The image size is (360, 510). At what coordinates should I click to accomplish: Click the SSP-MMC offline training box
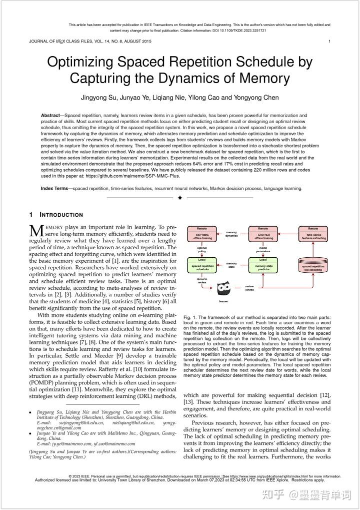coord(202,235)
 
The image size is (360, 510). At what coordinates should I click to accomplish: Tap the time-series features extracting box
coord(313,235)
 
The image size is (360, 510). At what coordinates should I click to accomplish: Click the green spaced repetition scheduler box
coord(202,265)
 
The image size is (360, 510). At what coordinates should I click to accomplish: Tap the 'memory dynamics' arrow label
coord(232,234)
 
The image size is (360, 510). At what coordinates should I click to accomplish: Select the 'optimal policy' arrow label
coord(202,249)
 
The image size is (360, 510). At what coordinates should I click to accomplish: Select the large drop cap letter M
coord(37,231)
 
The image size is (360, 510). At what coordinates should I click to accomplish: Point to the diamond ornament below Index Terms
coord(180,198)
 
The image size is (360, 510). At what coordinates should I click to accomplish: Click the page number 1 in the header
coord(329,41)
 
